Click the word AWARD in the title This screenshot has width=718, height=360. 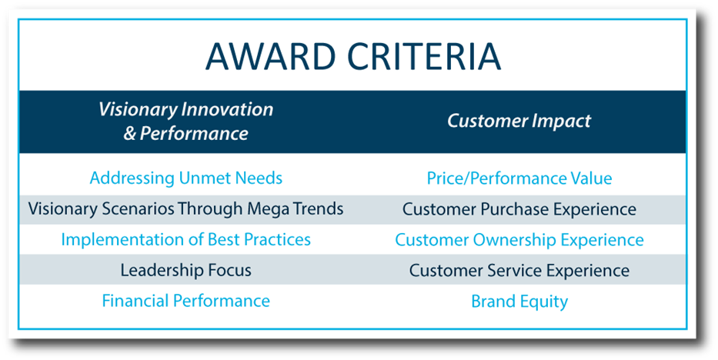pyautogui.click(x=271, y=56)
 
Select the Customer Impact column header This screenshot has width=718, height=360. pyautogui.click(x=519, y=122)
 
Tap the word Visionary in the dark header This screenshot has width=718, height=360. pyautogui.click(x=138, y=110)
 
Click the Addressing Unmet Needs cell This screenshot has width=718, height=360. pyautogui.click(x=186, y=178)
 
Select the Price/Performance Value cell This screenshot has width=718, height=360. pyautogui.click(x=519, y=178)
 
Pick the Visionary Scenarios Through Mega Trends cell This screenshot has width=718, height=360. pyautogui.click(x=185, y=209)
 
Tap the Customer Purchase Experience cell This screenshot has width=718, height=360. pyautogui.click(x=519, y=209)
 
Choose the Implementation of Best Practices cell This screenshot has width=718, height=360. pyautogui.click(x=185, y=240)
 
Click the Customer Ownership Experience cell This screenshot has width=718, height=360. pyautogui.click(x=519, y=240)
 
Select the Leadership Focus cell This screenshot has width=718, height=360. pyautogui.click(x=186, y=270)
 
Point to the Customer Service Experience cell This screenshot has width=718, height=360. pyautogui.click(x=519, y=270)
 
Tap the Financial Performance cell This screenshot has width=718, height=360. pyautogui.click(x=186, y=301)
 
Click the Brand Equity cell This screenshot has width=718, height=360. pyautogui.click(x=519, y=302)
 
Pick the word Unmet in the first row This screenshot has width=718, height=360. pyautogui.click(x=205, y=178)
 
